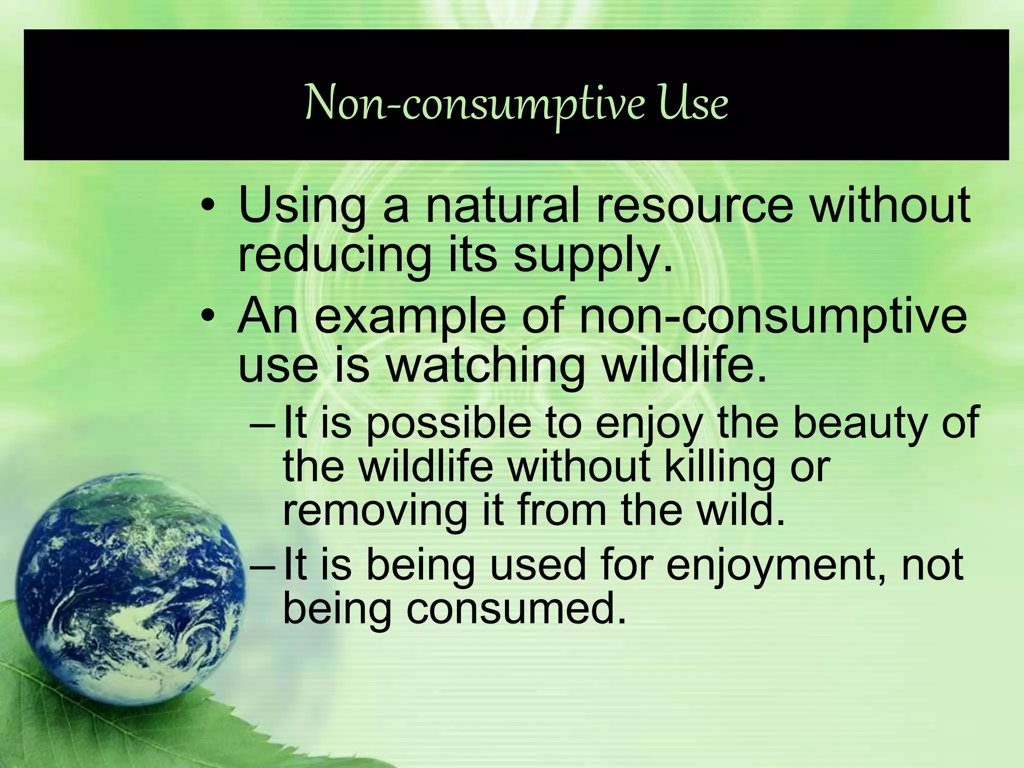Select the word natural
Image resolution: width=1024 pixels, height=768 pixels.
click(x=502, y=205)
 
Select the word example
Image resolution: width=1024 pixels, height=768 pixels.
click(x=410, y=318)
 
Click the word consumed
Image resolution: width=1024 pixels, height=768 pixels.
click(x=515, y=609)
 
